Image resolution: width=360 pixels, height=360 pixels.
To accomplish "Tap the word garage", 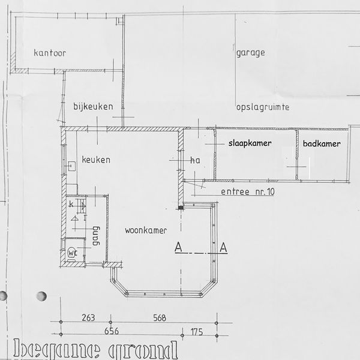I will [x=251, y=52].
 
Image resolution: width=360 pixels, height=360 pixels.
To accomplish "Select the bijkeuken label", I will [x=94, y=106].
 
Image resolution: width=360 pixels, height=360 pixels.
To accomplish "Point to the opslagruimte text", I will [x=263, y=107].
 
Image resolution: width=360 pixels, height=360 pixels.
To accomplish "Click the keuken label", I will [x=97, y=160].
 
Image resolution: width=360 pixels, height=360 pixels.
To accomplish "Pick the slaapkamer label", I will [x=250, y=144].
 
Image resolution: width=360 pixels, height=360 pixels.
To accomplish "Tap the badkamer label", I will [x=322, y=144].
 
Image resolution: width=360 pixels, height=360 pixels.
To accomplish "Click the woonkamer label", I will [x=146, y=230].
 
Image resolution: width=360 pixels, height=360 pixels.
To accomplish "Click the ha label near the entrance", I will [x=194, y=161].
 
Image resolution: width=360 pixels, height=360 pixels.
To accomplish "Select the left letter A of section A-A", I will [x=178, y=247].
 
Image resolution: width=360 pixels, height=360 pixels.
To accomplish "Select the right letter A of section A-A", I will [x=223, y=247].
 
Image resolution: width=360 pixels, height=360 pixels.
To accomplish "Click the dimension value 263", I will [x=88, y=318].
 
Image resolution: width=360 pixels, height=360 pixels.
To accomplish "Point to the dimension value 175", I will [x=196, y=331].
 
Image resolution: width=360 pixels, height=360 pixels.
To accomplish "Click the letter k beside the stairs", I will [x=71, y=205].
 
